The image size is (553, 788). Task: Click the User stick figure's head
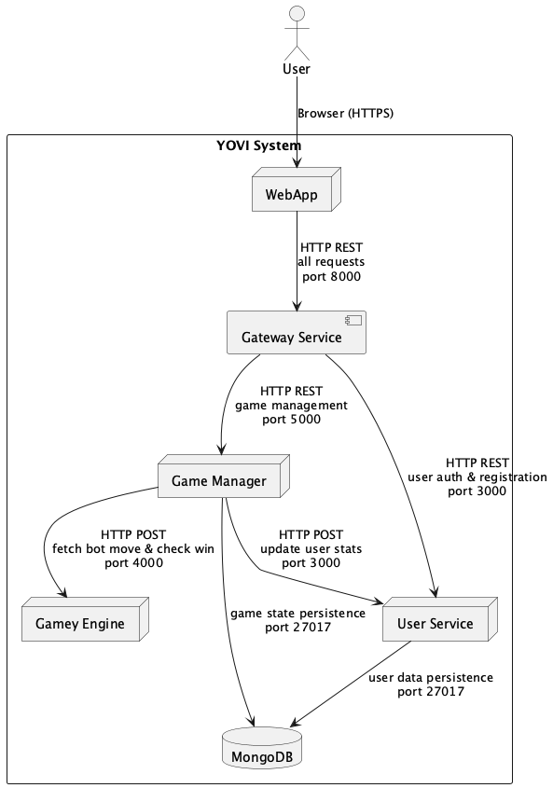pos(297,13)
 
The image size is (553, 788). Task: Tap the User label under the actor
pos(297,69)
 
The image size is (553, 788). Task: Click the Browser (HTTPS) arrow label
pos(345,114)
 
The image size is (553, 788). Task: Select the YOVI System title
pos(260,145)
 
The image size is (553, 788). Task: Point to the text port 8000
pos(330,277)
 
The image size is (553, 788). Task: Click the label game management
pos(291,406)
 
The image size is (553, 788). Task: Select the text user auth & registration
pos(477,477)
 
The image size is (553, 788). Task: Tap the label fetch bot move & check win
pos(133,548)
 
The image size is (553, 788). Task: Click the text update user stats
pos(311,548)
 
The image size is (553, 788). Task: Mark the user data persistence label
pos(430,677)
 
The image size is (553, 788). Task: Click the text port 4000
pos(133,562)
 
